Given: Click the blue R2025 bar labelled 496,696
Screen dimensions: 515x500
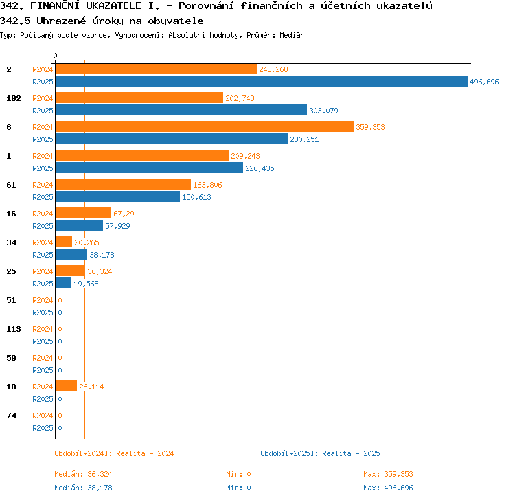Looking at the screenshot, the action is pyautogui.click(x=262, y=81).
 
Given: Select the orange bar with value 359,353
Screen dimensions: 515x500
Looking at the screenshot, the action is pyautogui.click(x=205, y=126).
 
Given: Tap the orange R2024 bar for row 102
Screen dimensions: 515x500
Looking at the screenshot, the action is pyautogui.click(x=139, y=98).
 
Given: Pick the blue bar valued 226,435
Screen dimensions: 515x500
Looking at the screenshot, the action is pyautogui.click(x=150, y=168).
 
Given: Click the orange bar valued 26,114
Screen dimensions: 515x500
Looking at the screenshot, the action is pyautogui.click(x=67, y=386).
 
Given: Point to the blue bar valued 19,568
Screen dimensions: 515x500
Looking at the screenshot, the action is pyautogui.click(x=64, y=283).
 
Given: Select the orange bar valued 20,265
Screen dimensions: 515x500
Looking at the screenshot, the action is pyautogui.click(x=64, y=242).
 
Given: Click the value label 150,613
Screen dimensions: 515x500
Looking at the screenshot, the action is pyautogui.click(x=197, y=197).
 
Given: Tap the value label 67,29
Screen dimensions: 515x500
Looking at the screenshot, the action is pyautogui.click(x=124, y=214).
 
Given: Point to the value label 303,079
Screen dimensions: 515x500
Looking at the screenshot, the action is pyautogui.click(x=323, y=111).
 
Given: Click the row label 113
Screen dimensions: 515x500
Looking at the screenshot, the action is pyautogui.click(x=14, y=329).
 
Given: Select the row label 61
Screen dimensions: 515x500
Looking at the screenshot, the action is pyautogui.click(x=11, y=185).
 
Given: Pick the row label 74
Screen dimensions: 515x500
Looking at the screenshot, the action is pyautogui.click(x=11, y=416).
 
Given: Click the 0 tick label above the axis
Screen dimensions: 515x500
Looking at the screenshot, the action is pyautogui.click(x=55, y=56).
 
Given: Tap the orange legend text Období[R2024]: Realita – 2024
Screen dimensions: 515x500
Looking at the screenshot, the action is pyautogui.click(x=114, y=453).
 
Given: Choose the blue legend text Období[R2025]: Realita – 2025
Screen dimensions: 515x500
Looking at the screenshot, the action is pyautogui.click(x=320, y=453).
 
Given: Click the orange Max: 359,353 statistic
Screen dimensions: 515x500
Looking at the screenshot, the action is pyautogui.click(x=388, y=474).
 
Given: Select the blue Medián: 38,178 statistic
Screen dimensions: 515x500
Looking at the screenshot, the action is pyautogui.click(x=83, y=488).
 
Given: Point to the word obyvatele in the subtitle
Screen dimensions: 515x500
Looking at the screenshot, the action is pyautogui.click(x=176, y=21).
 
